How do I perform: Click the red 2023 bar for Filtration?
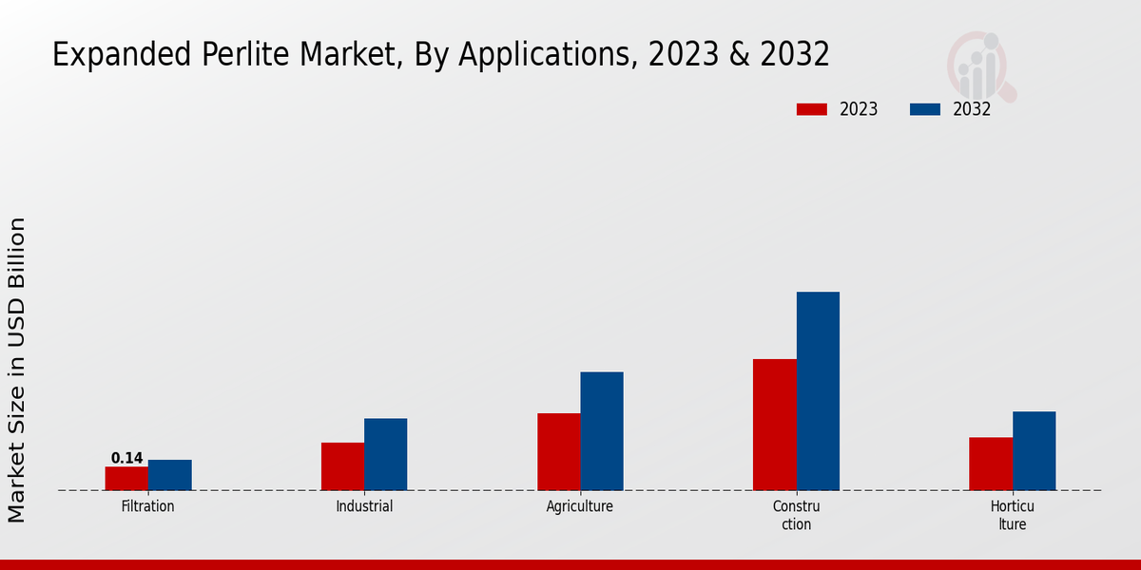pos(126,479)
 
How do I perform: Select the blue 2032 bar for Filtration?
pos(170,475)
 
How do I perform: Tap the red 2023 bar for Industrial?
pos(342,466)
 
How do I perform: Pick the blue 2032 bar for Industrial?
pos(386,454)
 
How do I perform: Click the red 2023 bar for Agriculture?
pos(559,452)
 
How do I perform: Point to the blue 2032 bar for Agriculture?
pos(602,431)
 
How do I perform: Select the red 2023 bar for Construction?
pos(775,425)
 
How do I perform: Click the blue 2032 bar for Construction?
pos(818,391)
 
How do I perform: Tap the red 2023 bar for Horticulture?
pos(991,464)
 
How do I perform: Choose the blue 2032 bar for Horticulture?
pos(1035,451)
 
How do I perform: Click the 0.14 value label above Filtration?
pos(126,458)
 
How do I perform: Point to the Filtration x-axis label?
pos(148,506)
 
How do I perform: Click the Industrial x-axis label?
pos(364,506)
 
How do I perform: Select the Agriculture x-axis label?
pos(580,506)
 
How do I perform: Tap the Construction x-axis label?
pos(797,515)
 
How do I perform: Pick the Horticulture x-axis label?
pos(1013,515)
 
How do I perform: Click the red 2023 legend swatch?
pos(812,109)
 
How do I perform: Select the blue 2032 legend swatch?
pos(925,109)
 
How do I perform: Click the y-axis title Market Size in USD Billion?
pos(17,370)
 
